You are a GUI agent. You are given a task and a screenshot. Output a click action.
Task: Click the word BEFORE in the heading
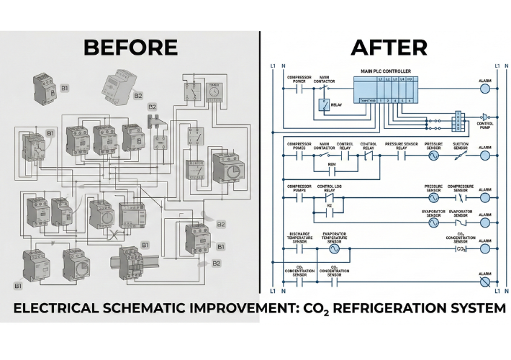point(130,48)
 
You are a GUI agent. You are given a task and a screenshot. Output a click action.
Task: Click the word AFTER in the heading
point(389,48)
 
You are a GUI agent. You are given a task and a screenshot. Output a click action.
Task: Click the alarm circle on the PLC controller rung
point(484,89)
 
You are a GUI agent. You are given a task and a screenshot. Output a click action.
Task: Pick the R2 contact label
point(330,205)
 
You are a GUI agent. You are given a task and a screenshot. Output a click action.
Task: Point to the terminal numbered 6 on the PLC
point(410,102)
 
